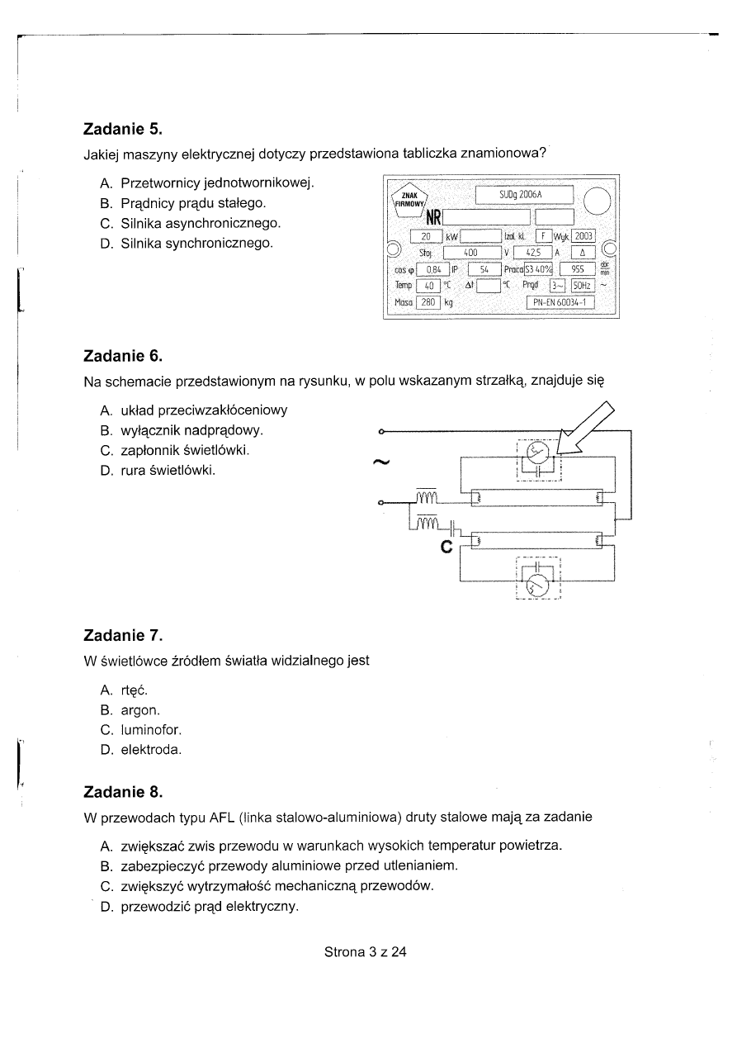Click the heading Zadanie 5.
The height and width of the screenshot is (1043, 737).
tap(123, 130)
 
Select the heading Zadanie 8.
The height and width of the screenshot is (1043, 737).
tap(123, 793)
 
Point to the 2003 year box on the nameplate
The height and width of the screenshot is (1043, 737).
tap(583, 236)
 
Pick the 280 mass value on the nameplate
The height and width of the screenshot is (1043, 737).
tap(428, 302)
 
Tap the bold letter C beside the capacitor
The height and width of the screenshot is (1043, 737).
tap(446, 546)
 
